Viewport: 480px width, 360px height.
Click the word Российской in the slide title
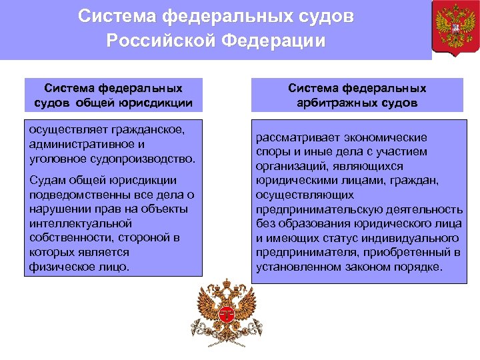[x=161, y=41]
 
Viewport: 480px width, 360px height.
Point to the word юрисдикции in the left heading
[x=155, y=102]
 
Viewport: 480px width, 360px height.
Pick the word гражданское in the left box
[x=149, y=129]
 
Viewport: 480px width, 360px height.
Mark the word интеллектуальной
[x=75, y=223]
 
